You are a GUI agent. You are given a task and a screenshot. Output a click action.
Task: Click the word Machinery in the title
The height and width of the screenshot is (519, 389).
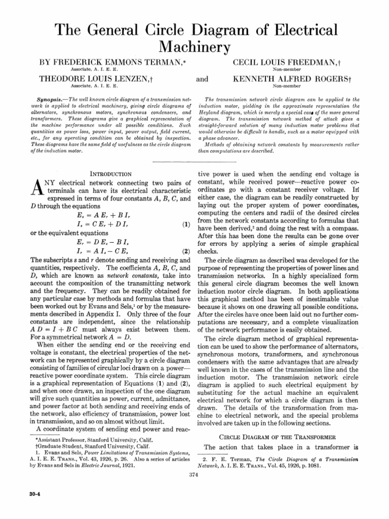pos(195,47)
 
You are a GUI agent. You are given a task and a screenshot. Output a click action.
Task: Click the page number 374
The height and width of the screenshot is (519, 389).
pos(192,474)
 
